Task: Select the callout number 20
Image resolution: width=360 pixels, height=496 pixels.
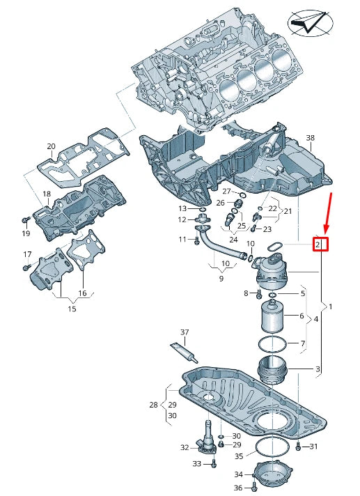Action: click(x=51, y=146)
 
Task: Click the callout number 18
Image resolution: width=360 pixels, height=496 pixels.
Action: click(x=47, y=194)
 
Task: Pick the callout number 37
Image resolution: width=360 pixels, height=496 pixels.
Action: click(x=185, y=332)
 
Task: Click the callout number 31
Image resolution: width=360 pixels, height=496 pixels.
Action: click(x=313, y=446)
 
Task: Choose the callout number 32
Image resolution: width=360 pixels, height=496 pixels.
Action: click(x=185, y=447)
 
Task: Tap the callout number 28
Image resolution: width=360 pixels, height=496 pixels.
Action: click(x=153, y=405)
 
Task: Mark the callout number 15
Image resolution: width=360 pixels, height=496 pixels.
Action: click(x=72, y=308)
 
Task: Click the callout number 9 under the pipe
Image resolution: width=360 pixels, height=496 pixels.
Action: click(x=221, y=278)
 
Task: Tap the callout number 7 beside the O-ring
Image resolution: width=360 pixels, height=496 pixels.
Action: click(x=303, y=343)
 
